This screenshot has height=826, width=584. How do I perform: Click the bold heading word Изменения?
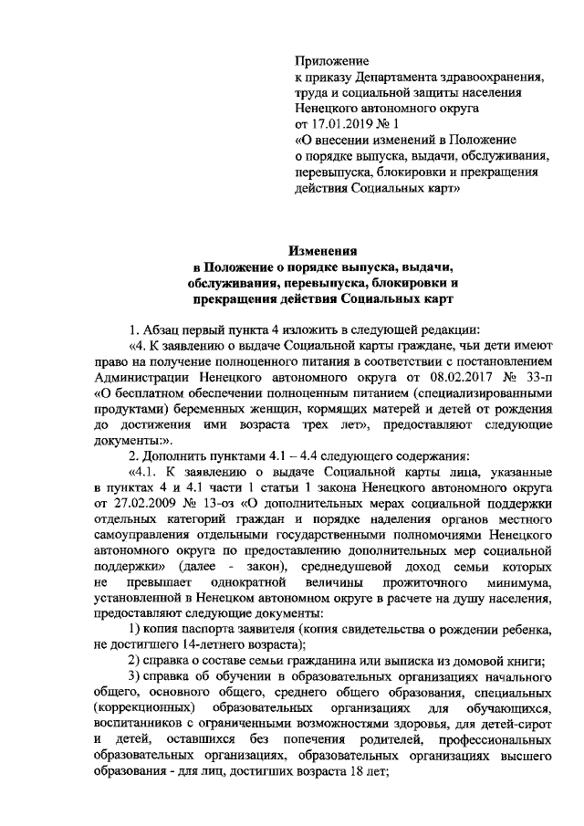point(324,250)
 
